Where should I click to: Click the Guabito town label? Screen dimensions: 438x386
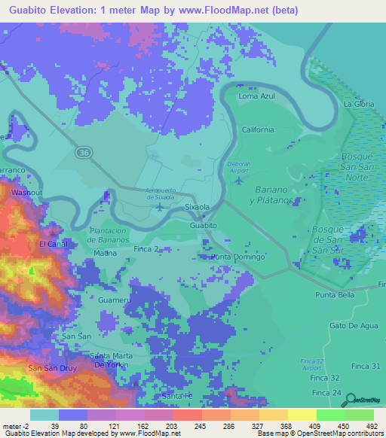tap(204, 225)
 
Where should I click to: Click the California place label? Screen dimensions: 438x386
tap(258, 129)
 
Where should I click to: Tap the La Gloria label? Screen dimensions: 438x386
tap(359, 104)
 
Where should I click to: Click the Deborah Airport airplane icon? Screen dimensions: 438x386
tap(240, 180)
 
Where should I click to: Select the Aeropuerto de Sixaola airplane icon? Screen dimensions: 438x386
tap(158, 206)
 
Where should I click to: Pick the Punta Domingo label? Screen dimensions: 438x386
tap(237, 257)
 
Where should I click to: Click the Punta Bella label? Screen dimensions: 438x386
tap(335, 295)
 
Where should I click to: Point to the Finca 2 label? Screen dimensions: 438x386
tap(146, 248)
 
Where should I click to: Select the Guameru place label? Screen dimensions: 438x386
tap(115, 300)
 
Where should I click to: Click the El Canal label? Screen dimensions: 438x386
tap(54, 245)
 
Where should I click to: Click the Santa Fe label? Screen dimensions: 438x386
tap(178, 396)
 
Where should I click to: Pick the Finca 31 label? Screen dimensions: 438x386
tap(366, 366)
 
